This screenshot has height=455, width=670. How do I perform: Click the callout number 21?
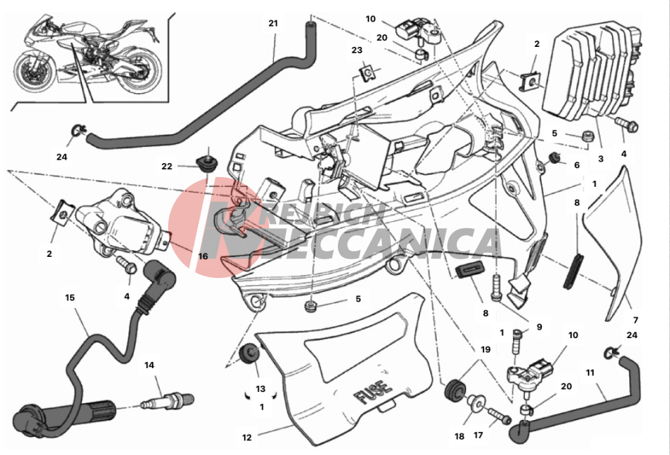coord(273,23)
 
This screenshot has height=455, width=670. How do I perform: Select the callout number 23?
coord(357,50)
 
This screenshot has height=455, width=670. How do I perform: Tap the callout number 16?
coord(203,256)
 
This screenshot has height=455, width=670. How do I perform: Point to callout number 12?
coord(247,438)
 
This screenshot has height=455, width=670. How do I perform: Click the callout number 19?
coord(486,349)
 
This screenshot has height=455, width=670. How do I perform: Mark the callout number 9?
coord(539,326)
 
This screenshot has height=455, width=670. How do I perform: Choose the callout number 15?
coord(70,297)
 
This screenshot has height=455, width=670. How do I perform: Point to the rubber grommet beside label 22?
coord(207,163)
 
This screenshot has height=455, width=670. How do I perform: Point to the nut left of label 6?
coord(554,157)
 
